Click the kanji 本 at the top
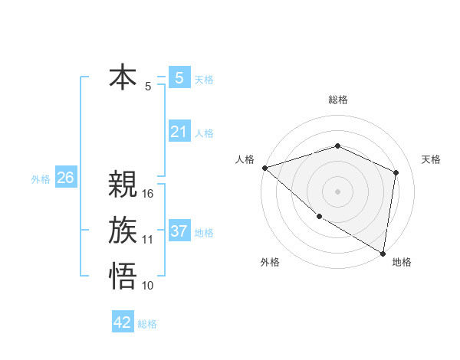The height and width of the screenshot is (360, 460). click(x=123, y=78)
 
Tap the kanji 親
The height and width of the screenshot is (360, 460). click(x=123, y=185)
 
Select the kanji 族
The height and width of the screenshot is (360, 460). click(x=123, y=231)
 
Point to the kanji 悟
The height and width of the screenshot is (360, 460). click(x=123, y=275)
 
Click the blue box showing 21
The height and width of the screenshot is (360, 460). click(x=179, y=132)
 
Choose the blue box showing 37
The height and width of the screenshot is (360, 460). click(x=179, y=231)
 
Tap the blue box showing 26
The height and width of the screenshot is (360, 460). click(x=65, y=178)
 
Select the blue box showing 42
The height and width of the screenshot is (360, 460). click(x=123, y=322)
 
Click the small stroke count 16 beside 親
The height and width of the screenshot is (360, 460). click(x=148, y=194)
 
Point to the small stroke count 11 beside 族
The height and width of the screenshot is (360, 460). click(x=148, y=240)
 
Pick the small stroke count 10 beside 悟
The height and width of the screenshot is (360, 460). click(x=148, y=285)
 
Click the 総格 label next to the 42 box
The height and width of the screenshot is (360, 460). click(x=147, y=324)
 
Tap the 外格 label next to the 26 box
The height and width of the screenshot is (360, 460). click(x=41, y=179)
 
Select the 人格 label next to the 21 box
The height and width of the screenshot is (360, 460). click(x=204, y=133)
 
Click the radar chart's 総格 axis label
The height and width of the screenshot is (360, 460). click(x=337, y=100)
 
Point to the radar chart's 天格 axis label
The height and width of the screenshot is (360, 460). click(x=432, y=159)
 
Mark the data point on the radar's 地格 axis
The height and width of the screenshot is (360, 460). click(x=382, y=252)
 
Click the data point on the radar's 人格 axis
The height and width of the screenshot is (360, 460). click(x=264, y=168)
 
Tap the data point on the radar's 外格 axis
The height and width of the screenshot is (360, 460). click(x=319, y=217)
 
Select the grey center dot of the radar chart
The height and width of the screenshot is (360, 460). click(x=337, y=191)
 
